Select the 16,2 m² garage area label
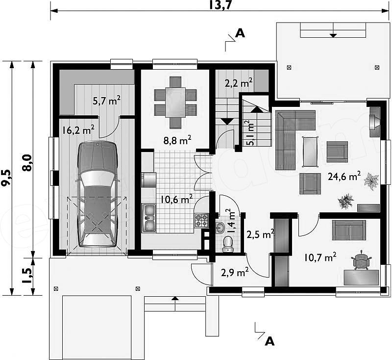[78, 130]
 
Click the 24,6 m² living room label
[344, 177]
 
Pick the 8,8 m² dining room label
[177, 140]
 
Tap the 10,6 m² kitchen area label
[176, 200]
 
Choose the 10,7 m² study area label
[320, 257]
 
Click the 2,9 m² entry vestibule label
[235, 272]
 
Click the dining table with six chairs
[175, 103]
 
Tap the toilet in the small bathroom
[227, 244]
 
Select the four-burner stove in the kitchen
[201, 220]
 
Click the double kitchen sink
[149, 218]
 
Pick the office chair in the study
[361, 260]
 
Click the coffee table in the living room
[310, 152]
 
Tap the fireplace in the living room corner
[374, 122]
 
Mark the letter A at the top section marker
[240, 33]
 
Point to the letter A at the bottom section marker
[269, 341]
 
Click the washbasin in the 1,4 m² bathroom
[220, 228]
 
